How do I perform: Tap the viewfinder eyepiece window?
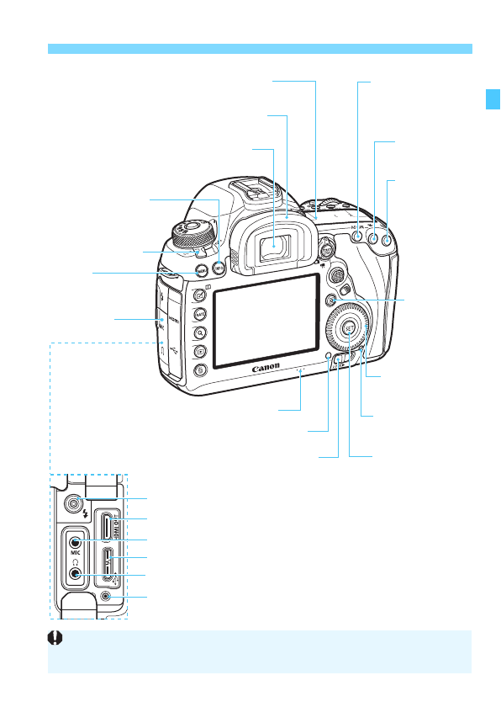pyautogui.click(x=274, y=246)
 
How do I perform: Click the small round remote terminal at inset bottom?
pyautogui.click(x=105, y=597)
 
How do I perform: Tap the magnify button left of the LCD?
pyautogui.click(x=201, y=332)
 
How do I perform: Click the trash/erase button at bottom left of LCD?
pyautogui.click(x=201, y=370)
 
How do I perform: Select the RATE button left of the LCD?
pyautogui.click(x=201, y=313)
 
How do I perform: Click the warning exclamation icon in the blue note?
pyautogui.click(x=59, y=640)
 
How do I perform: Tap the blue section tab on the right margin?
pyautogui.click(x=493, y=98)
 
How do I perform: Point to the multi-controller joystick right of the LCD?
pyautogui.click(x=336, y=275)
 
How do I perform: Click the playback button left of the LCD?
pyautogui.click(x=201, y=351)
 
